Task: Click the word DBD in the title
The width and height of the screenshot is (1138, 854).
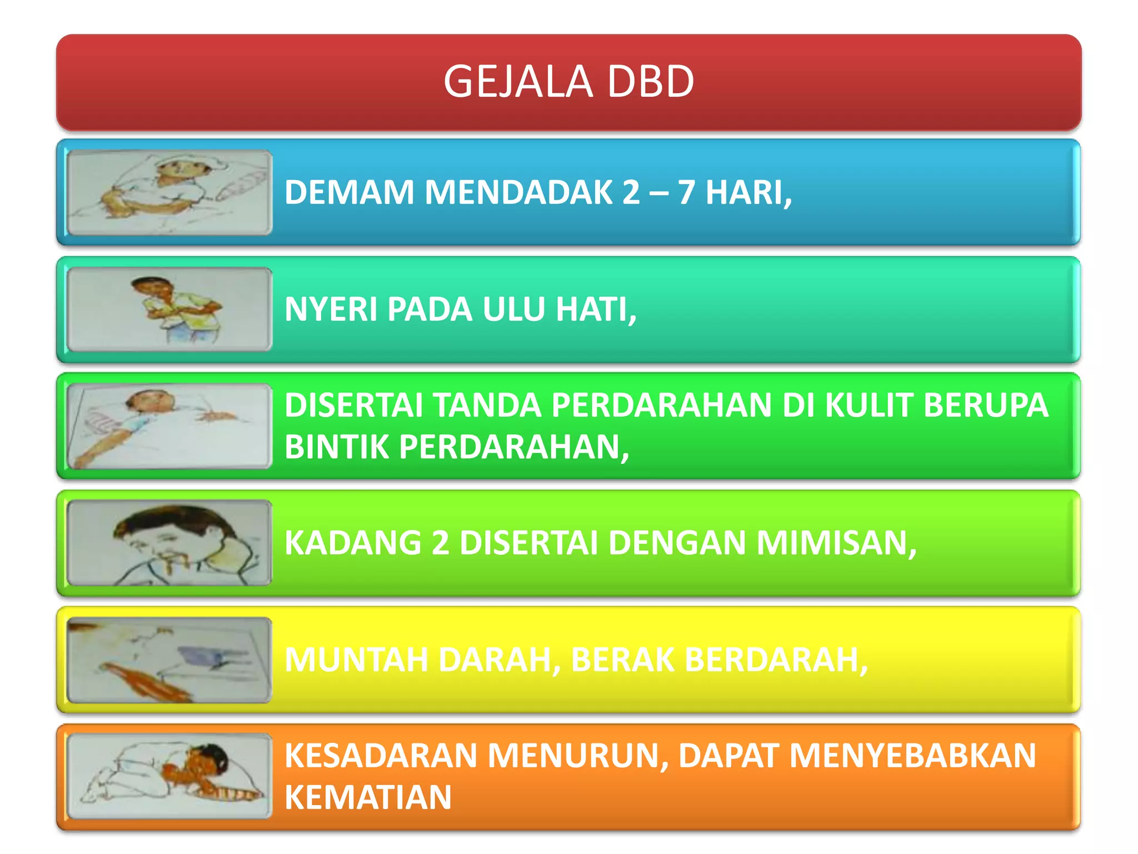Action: [x=650, y=81]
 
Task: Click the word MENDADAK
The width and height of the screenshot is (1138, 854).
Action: [x=518, y=192]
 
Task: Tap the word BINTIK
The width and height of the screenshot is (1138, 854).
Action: [x=337, y=446]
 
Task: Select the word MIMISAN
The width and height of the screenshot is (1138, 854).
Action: [x=836, y=543]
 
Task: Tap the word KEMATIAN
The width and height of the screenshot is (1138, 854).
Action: [x=368, y=797]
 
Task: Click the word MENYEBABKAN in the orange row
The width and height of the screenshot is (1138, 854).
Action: [x=912, y=756]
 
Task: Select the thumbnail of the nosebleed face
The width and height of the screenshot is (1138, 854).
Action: [x=169, y=543]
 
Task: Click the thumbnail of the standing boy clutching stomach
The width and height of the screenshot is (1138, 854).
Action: [x=169, y=309]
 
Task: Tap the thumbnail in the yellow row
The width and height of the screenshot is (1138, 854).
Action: [x=169, y=660]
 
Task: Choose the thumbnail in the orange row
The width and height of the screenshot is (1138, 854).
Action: [x=169, y=776]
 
